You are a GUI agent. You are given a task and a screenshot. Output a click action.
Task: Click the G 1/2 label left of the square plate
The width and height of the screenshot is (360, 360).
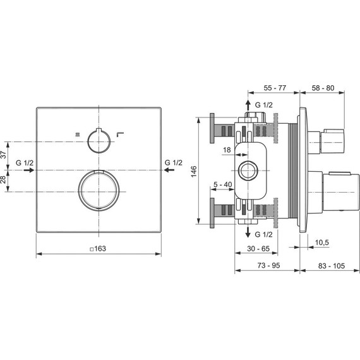coord(25,163)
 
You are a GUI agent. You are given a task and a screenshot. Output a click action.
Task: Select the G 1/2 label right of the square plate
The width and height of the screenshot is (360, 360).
coord(173,163)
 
